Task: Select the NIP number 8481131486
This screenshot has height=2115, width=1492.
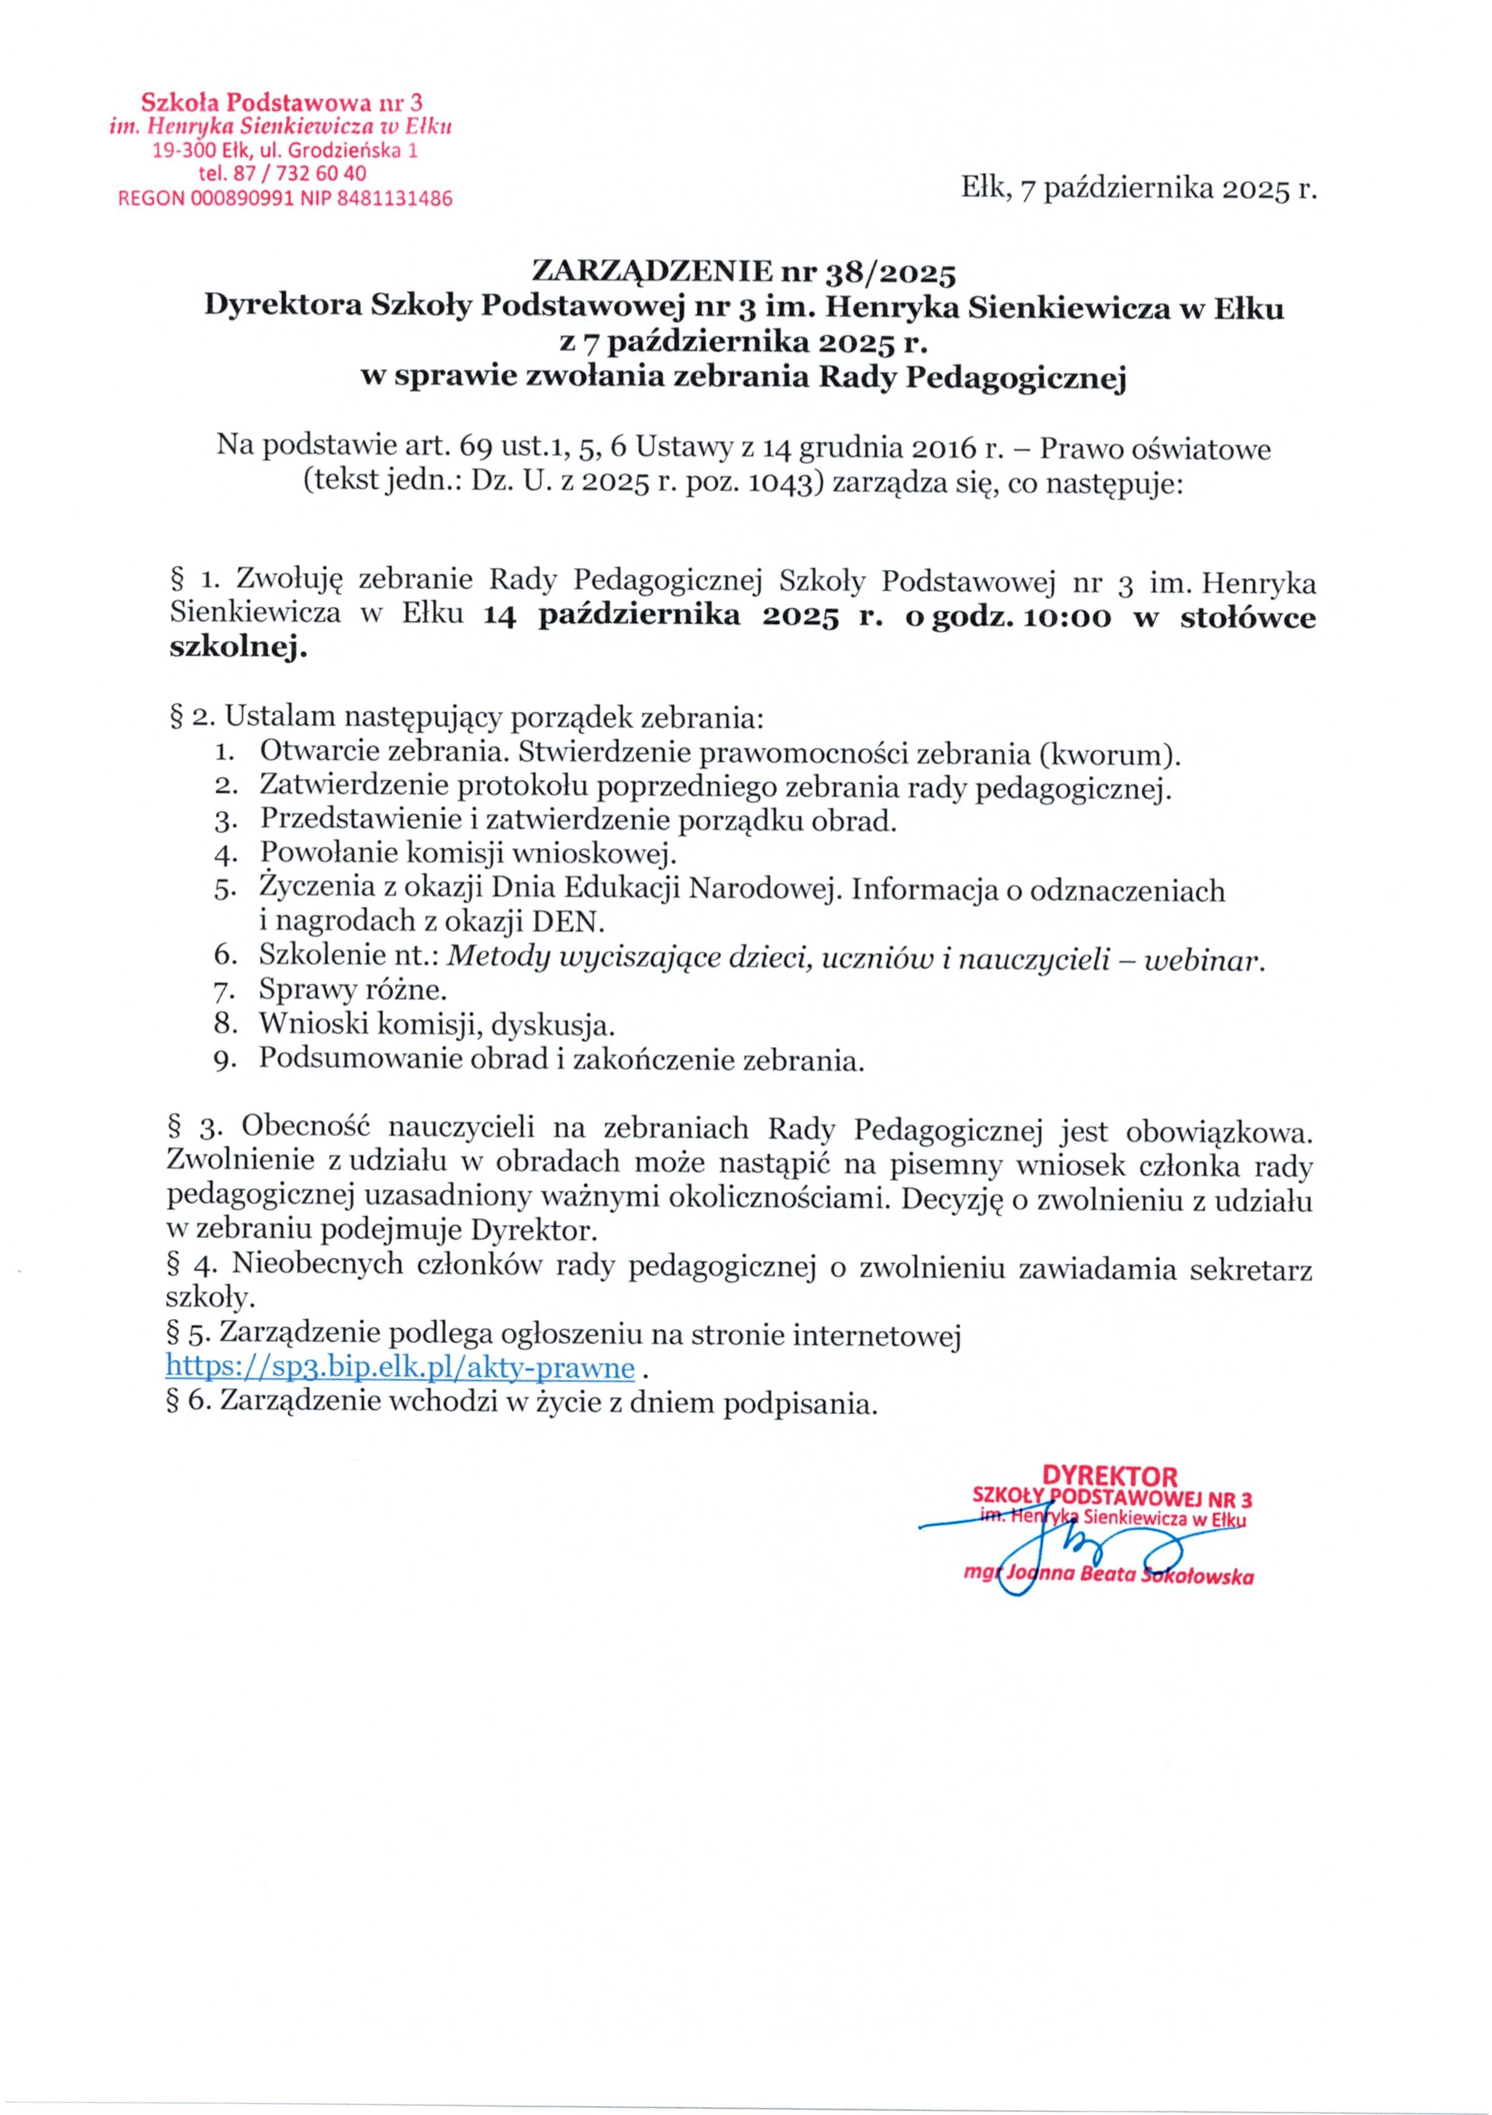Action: (x=395, y=198)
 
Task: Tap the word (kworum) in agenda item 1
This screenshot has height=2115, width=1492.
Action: (x=1109, y=755)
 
